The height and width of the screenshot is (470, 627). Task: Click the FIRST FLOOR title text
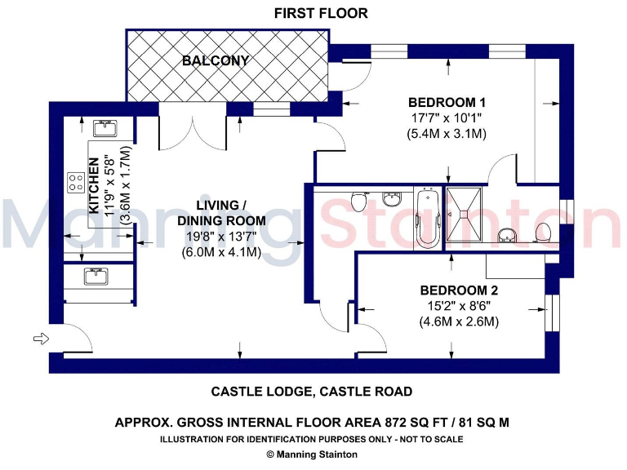click(321, 13)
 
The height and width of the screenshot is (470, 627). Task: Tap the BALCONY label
click(216, 61)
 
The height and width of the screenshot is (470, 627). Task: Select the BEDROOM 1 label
click(447, 103)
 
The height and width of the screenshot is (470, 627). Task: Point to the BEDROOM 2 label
click(459, 290)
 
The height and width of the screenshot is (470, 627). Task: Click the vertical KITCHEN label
click(94, 186)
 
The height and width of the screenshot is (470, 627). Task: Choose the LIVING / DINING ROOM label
click(221, 213)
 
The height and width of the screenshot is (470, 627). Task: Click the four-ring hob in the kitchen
click(78, 182)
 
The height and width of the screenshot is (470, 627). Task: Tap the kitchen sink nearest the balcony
click(104, 127)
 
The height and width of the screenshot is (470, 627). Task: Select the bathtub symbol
click(427, 218)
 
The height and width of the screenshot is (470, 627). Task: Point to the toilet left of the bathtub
click(356, 202)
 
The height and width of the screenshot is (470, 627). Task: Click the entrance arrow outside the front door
click(39, 337)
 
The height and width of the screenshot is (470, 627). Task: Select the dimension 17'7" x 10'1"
click(447, 118)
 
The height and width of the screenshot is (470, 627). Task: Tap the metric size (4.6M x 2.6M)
click(459, 321)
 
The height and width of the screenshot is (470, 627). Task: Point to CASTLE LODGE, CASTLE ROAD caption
click(312, 392)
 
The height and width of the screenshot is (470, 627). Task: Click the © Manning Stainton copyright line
click(312, 454)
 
